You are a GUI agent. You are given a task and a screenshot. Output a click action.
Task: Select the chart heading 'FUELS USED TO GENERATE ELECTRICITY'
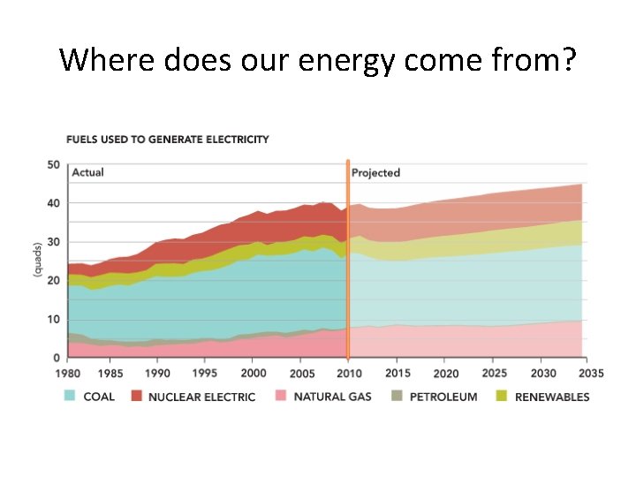[168, 140]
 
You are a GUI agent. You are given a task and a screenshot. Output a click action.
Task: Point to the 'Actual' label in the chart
[87, 172]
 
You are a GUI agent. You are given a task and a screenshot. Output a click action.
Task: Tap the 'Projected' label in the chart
[375, 173]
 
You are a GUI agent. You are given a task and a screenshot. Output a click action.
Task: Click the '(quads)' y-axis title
[37, 260]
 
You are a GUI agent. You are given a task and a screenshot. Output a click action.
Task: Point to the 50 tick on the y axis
[53, 164]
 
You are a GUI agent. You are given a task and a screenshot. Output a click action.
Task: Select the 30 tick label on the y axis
[53, 242]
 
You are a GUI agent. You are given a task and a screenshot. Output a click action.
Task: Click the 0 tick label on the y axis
[57, 358]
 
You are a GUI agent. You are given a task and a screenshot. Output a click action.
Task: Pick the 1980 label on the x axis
[68, 373]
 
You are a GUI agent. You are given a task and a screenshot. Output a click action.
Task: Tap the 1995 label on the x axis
[205, 373]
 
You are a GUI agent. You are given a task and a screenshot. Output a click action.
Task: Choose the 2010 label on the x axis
[349, 373]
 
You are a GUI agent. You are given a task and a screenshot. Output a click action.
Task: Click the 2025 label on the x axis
[494, 373]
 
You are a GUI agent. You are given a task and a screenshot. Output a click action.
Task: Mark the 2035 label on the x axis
[591, 373]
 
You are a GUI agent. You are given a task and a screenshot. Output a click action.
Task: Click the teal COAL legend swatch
[70, 396]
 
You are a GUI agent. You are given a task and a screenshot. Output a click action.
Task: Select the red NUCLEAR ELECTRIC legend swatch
[137, 396]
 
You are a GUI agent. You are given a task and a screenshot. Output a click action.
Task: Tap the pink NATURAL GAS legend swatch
[281, 396]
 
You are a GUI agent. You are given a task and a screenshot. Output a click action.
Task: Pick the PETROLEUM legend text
[443, 397]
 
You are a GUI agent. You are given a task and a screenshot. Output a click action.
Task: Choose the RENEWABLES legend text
[552, 397]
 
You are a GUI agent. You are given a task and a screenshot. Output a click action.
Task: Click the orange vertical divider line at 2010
[348, 260]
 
